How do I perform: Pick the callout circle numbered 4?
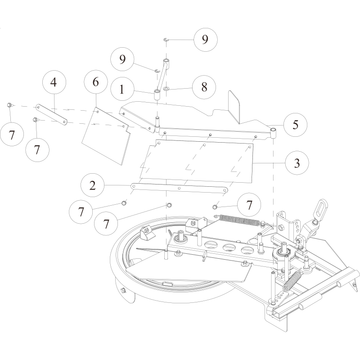(54, 83)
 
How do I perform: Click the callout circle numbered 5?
(295, 124)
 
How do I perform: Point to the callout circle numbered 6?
(95, 83)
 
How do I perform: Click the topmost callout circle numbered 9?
(205, 40)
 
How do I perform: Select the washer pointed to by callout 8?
(166, 89)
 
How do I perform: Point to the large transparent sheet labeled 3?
(198, 162)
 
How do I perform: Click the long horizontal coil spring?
(241, 220)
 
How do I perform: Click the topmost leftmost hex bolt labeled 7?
(9, 105)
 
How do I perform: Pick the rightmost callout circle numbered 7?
(249, 205)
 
